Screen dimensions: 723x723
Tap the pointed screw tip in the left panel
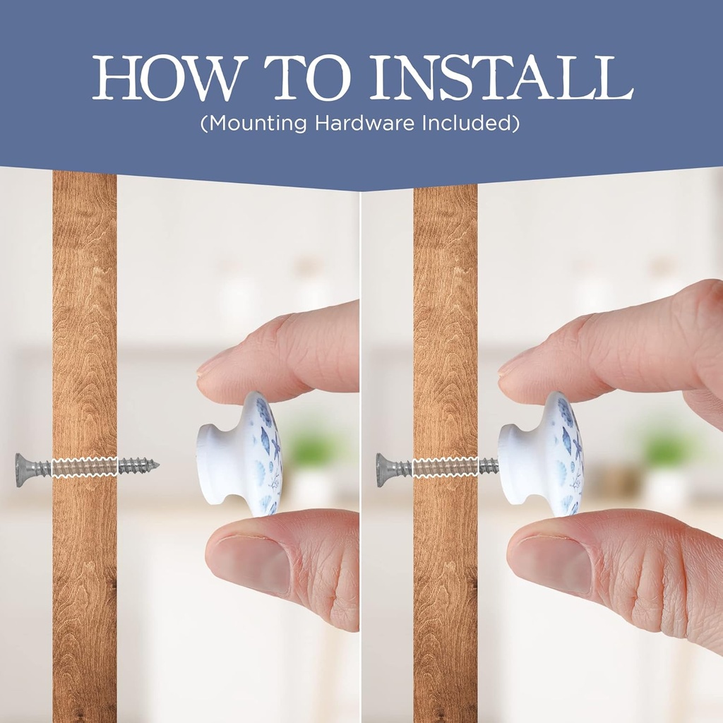point(159,465)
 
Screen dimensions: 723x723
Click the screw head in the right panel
point(383,470)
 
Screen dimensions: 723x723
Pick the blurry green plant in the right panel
point(664,443)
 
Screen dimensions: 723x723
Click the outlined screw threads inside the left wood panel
point(85,467)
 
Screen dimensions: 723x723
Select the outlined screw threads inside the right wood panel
point(446,467)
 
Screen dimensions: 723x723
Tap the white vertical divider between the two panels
point(361,457)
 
